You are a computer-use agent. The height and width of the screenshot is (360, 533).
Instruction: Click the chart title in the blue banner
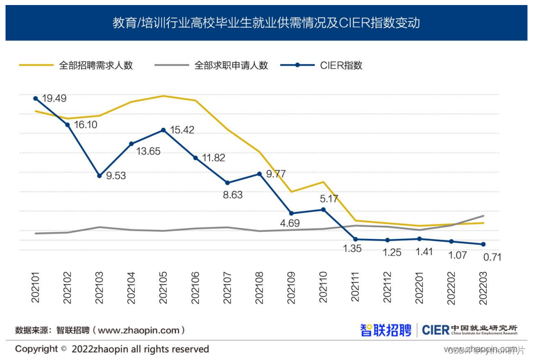pyautogui.click(x=266, y=23)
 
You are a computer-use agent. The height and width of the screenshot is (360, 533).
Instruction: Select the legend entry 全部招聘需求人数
pyautogui.click(x=95, y=65)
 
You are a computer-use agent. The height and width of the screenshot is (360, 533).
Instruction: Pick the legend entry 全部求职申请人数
pyautogui.click(x=231, y=65)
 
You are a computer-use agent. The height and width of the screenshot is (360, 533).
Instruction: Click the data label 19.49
pyautogui.click(x=54, y=99)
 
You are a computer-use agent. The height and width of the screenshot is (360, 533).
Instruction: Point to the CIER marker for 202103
pyautogui.click(x=99, y=175)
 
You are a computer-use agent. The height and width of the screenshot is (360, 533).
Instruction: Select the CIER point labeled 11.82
pyautogui.click(x=195, y=157)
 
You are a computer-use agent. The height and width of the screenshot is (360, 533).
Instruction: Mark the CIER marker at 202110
pyautogui.click(x=324, y=209)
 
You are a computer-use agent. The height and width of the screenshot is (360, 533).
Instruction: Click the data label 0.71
pyautogui.click(x=492, y=257)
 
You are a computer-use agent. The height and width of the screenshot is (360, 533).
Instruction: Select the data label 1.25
pyautogui.click(x=391, y=252)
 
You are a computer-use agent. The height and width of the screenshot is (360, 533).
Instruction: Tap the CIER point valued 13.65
pyautogui.click(x=132, y=144)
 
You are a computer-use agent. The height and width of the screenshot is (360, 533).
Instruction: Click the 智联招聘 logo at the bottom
pyautogui.click(x=385, y=330)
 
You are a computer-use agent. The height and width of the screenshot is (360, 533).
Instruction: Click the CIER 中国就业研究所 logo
pyautogui.click(x=469, y=330)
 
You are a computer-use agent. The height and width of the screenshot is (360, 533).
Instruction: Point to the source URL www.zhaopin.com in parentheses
pyautogui.click(x=138, y=330)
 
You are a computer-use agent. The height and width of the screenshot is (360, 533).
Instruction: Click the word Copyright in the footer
pyautogui.click(x=36, y=349)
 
